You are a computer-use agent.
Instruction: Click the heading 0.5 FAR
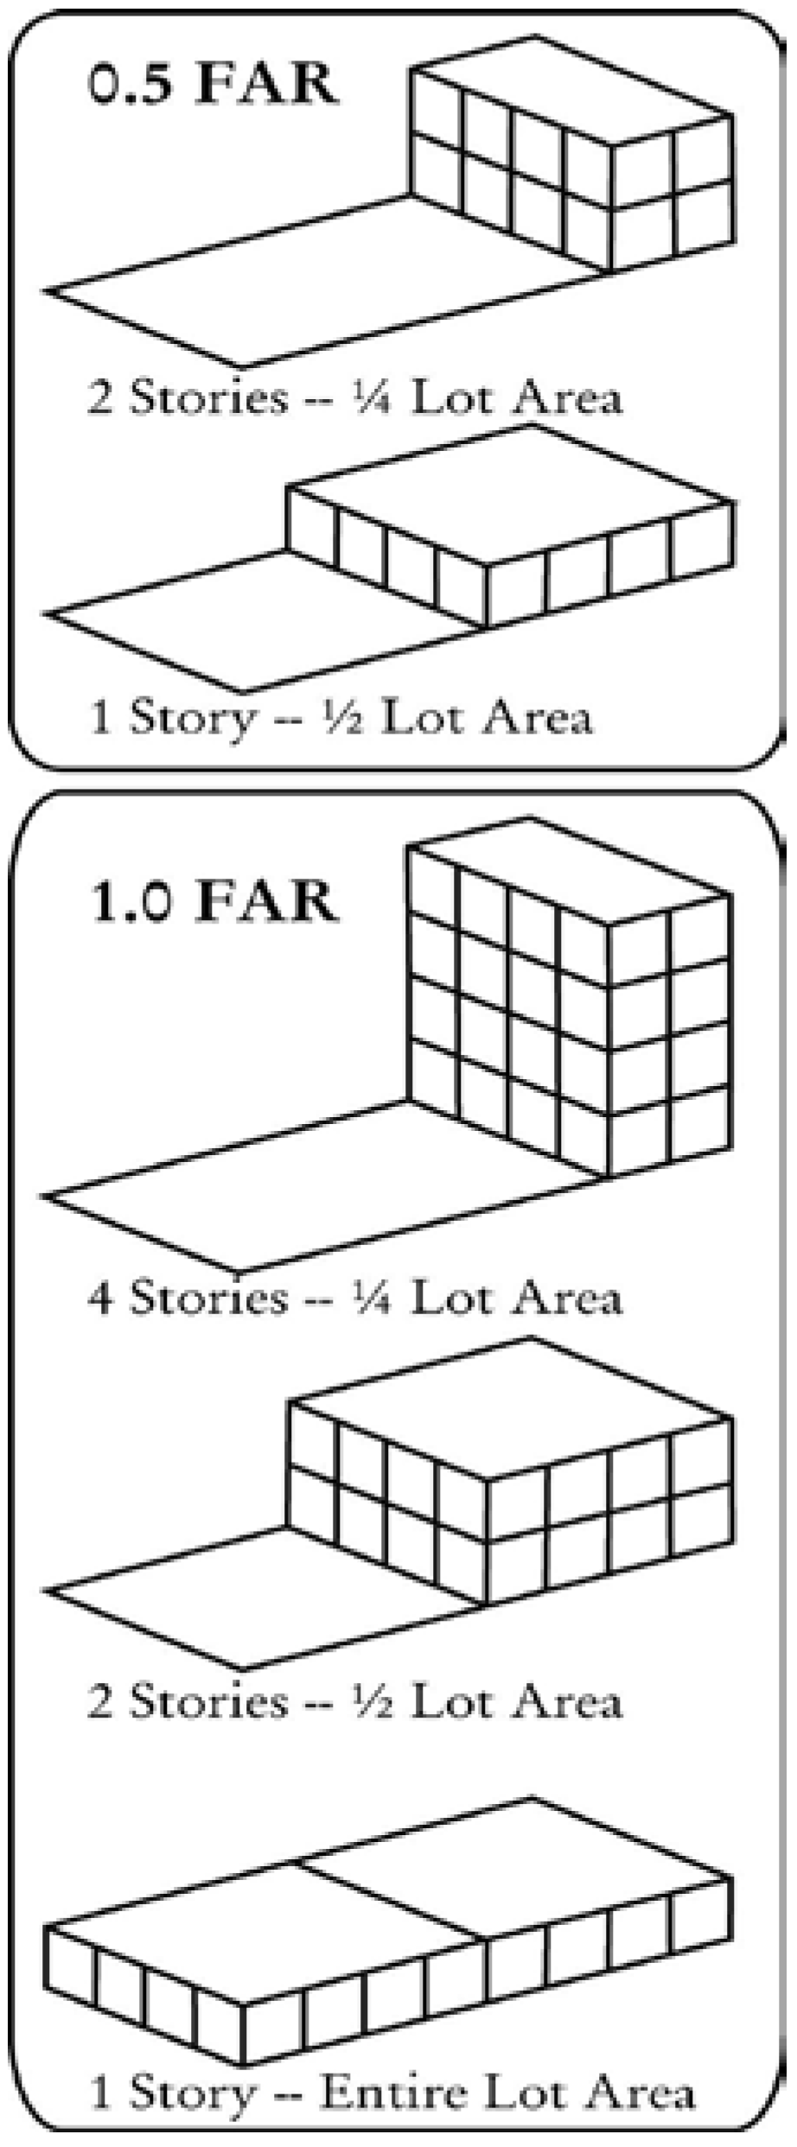[213, 84]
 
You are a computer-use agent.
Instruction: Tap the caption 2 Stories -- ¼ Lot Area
[354, 398]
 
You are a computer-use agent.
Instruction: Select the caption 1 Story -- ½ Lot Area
[341, 717]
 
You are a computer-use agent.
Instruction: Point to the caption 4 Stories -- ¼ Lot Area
[354, 1298]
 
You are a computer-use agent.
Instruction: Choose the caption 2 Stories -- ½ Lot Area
[354, 1701]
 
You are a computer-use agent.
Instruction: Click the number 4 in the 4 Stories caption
[100, 1298]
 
